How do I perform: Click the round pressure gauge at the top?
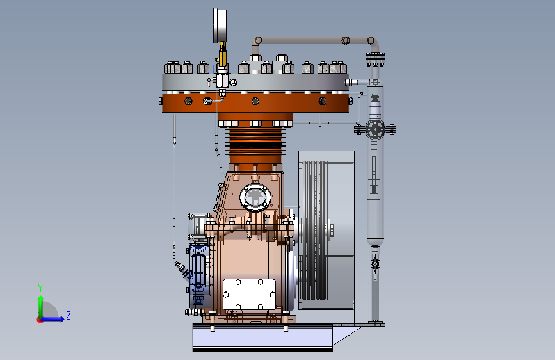[220, 26]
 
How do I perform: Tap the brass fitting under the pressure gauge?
[222, 54]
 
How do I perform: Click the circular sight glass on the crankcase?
[255, 197]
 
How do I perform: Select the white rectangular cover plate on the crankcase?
[249, 294]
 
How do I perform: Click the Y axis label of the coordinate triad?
[40, 288]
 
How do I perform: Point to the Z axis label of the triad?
[68, 315]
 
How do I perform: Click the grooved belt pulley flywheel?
[312, 231]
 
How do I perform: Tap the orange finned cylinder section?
[255, 142]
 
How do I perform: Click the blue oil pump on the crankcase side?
[199, 275]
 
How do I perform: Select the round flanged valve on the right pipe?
[375, 129]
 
